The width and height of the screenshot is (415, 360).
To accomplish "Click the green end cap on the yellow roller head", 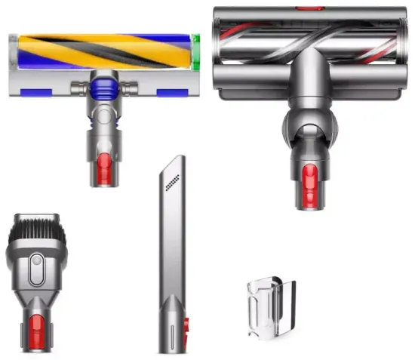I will (x=195, y=52).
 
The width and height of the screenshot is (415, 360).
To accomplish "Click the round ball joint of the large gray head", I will (x=307, y=122).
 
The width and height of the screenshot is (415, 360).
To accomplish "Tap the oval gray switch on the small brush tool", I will (x=35, y=266).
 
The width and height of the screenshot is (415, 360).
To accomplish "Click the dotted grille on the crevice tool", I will (x=173, y=181).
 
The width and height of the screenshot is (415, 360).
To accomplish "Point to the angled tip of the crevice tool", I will (x=177, y=162).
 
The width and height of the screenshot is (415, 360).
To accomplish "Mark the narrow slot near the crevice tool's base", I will (x=173, y=332).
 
